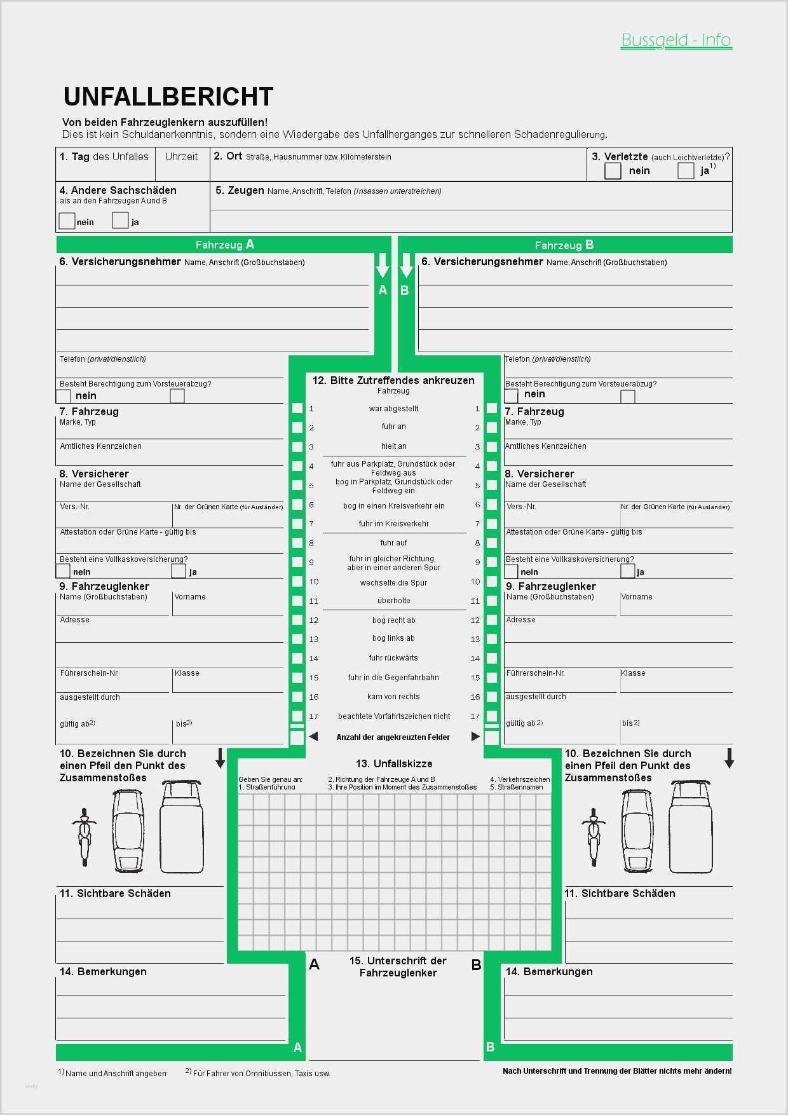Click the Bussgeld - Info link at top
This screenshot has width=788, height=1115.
tap(676, 40)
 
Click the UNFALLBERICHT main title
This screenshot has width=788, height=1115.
tap(168, 97)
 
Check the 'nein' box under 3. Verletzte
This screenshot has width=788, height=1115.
tap(613, 171)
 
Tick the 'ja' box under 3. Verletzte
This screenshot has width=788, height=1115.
tap(686, 171)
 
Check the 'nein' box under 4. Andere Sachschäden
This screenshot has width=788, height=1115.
tap(67, 221)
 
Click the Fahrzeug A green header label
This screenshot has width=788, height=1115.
tap(224, 245)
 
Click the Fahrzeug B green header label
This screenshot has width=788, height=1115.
tap(564, 245)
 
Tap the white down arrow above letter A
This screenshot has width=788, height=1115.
tap(382, 266)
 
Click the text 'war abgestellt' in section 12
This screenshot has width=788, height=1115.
tap(393, 409)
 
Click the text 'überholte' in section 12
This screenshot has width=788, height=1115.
tap(393, 601)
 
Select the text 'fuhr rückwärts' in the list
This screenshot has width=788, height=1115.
tap(393, 658)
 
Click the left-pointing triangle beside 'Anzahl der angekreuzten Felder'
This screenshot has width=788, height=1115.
tap(313, 737)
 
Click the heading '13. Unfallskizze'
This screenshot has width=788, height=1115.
tap(394, 763)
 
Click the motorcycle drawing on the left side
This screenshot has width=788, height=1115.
tap(84, 836)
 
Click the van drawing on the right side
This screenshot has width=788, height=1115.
tap(691, 826)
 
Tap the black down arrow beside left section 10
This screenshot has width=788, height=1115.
tap(221, 758)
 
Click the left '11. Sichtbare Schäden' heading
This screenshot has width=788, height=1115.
tap(115, 894)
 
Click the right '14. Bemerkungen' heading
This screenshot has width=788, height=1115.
tap(548, 971)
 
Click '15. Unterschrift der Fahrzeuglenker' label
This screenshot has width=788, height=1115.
tap(398, 966)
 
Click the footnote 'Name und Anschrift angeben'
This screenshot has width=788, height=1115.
tap(115, 1073)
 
